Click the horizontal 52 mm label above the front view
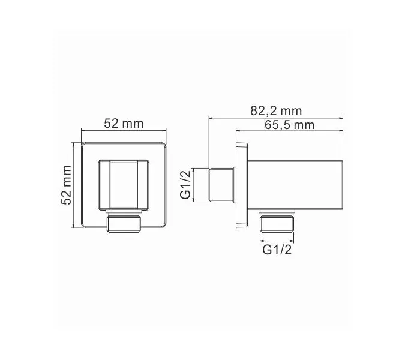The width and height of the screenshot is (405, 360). pyautogui.click(x=124, y=124)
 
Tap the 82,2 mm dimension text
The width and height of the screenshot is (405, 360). pyautogui.click(x=276, y=111)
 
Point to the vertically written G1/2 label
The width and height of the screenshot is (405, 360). pyautogui.click(x=186, y=185)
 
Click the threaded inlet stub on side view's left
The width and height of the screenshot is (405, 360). pyautogui.click(x=222, y=185)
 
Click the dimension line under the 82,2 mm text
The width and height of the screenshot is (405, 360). pyautogui.click(x=276, y=118)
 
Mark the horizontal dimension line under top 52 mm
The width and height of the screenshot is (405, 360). pyautogui.click(x=124, y=131)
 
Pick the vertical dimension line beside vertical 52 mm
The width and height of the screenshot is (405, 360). pyautogui.click(x=74, y=185)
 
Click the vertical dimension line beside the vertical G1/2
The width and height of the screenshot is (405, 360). pyautogui.click(x=194, y=185)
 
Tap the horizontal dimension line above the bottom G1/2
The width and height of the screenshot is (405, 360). pyautogui.click(x=277, y=241)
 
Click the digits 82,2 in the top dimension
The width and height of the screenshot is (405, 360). pyautogui.click(x=264, y=111)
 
